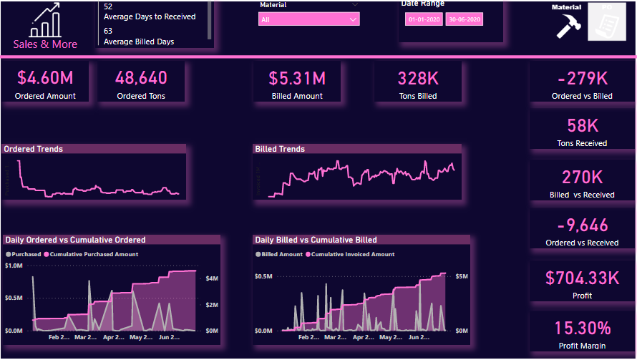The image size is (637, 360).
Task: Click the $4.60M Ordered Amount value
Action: click(46, 77)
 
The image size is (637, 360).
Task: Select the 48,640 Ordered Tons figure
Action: click(141, 77)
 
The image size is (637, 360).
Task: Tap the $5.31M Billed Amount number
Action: click(297, 77)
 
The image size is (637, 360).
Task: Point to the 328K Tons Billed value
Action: click(418, 77)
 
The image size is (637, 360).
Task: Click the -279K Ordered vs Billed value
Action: click(582, 77)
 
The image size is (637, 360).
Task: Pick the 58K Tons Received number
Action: click(582, 125)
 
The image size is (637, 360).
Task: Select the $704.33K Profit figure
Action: click(582, 278)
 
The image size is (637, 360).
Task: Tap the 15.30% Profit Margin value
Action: click(582, 328)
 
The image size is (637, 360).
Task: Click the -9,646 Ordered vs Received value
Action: click(582, 225)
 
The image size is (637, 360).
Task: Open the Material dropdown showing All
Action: click(308, 19)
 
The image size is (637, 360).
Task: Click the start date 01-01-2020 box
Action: click(424, 20)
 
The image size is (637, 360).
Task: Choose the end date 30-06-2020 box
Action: click(464, 20)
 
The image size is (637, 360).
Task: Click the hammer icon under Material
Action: click(568, 26)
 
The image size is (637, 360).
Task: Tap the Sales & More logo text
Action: click(45, 44)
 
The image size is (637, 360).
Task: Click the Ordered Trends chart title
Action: click(34, 149)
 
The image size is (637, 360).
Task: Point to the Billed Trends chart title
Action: click(280, 149)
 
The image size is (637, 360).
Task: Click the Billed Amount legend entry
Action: click(281, 254)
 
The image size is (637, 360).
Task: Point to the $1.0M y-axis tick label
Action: click(14, 266)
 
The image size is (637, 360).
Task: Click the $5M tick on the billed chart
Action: click(462, 276)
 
